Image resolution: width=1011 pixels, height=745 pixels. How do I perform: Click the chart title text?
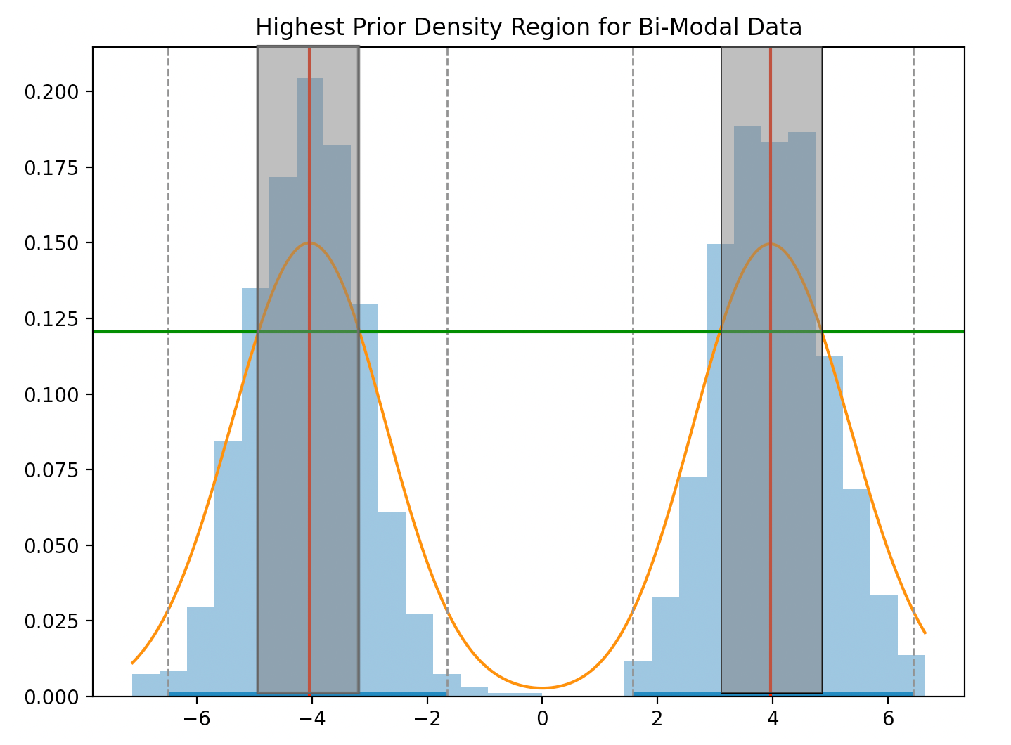coord(528,27)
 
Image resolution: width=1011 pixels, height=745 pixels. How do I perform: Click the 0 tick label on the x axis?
coord(542,718)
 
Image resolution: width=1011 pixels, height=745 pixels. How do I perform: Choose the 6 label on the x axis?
coord(888,718)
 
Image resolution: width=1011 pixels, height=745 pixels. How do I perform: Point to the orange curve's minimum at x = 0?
coord(542,687)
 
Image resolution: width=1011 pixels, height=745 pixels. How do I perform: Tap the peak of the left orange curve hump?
coord(309,243)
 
